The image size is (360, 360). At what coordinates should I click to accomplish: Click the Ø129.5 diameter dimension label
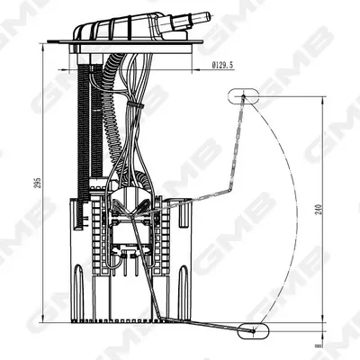click(222, 65)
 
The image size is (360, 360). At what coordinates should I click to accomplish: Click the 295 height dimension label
click(38, 183)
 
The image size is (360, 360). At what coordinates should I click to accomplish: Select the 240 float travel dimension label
click(319, 210)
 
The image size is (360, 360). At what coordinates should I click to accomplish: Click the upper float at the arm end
click(243, 96)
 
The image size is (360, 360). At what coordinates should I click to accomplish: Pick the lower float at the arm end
click(253, 331)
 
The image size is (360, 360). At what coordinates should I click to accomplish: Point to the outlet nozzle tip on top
click(207, 17)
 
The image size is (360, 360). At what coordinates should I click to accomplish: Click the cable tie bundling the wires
click(135, 104)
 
